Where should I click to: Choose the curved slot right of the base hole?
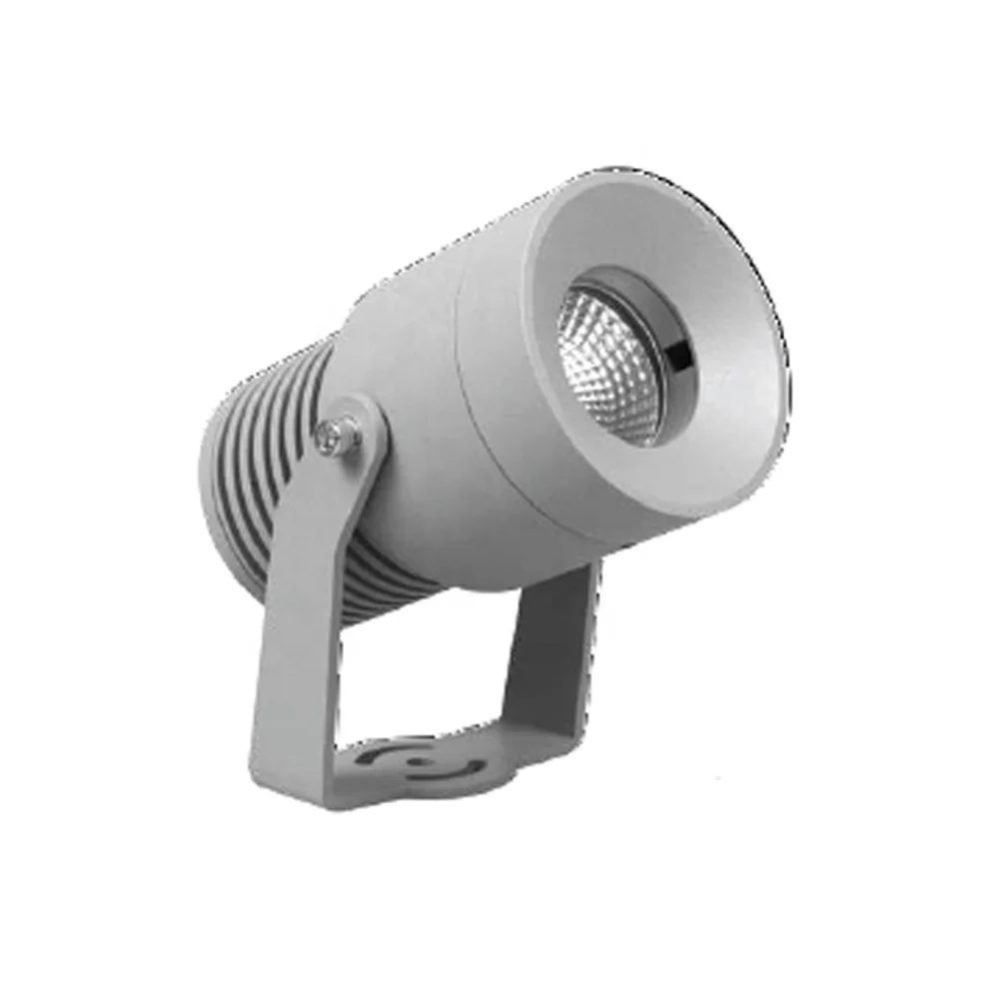coord(462,770)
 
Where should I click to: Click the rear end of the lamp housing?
coord(215,470)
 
